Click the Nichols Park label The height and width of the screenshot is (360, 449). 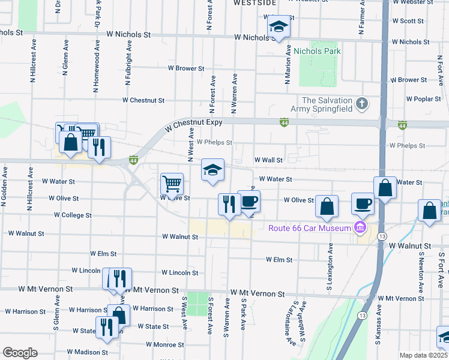tap(317, 51)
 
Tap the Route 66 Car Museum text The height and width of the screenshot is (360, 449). tap(309, 227)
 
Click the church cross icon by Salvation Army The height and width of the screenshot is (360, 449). tap(361, 104)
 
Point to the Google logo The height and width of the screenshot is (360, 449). tap(20, 353)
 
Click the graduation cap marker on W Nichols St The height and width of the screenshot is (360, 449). tap(279, 28)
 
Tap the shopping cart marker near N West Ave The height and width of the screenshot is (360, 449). tap(172, 183)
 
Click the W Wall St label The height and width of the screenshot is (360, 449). tap(268, 160)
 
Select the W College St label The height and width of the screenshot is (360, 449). tap(72, 215)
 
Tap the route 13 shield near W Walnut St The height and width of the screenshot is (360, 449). tap(382, 238)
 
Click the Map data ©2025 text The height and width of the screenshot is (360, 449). tap(423, 355)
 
